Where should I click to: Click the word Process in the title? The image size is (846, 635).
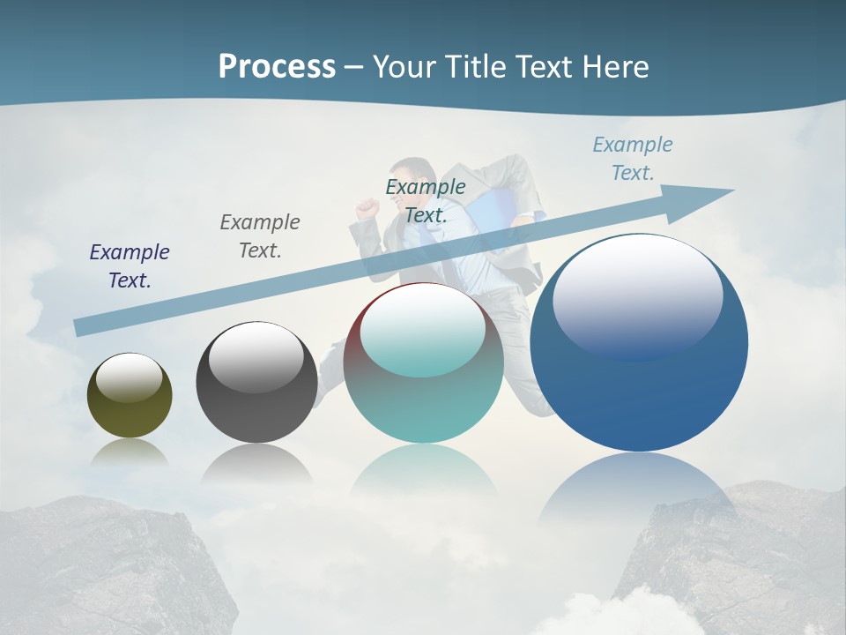pos(277,67)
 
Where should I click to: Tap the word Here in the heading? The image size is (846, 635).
pos(614,67)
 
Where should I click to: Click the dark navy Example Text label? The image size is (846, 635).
pos(130,266)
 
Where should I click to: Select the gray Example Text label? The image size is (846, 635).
pos(260,236)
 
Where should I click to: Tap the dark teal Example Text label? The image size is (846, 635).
pos(426,200)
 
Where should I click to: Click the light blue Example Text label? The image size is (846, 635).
pos(633,158)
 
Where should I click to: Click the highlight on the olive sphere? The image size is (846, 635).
pos(130,377)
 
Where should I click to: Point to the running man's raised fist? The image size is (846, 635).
pos(367,208)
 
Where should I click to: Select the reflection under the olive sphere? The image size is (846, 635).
pos(130,452)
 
